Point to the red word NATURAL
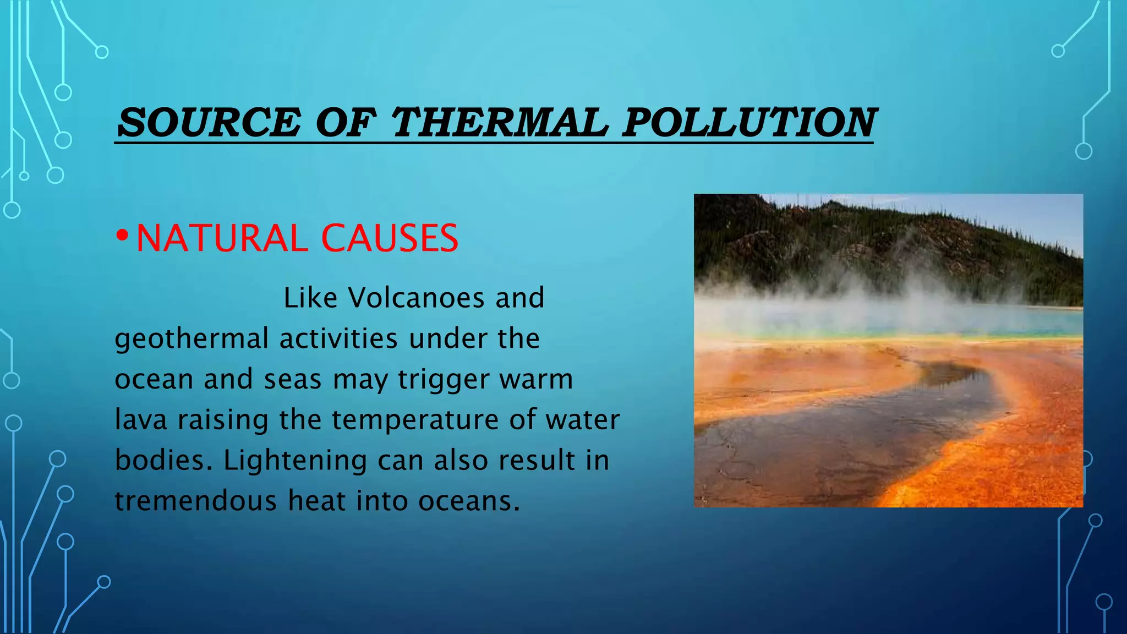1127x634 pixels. click(x=222, y=238)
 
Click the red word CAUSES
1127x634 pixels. click(x=390, y=238)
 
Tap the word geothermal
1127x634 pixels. click(x=192, y=339)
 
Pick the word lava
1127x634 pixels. click(x=141, y=419)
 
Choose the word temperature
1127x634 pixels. click(x=414, y=420)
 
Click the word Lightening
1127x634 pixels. click(x=296, y=461)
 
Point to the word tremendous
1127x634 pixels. click(x=196, y=501)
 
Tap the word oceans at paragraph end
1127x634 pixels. click(x=469, y=501)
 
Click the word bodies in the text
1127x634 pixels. click(x=163, y=460)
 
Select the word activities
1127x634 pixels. click(x=338, y=338)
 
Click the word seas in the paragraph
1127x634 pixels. click(x=292, y=380)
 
